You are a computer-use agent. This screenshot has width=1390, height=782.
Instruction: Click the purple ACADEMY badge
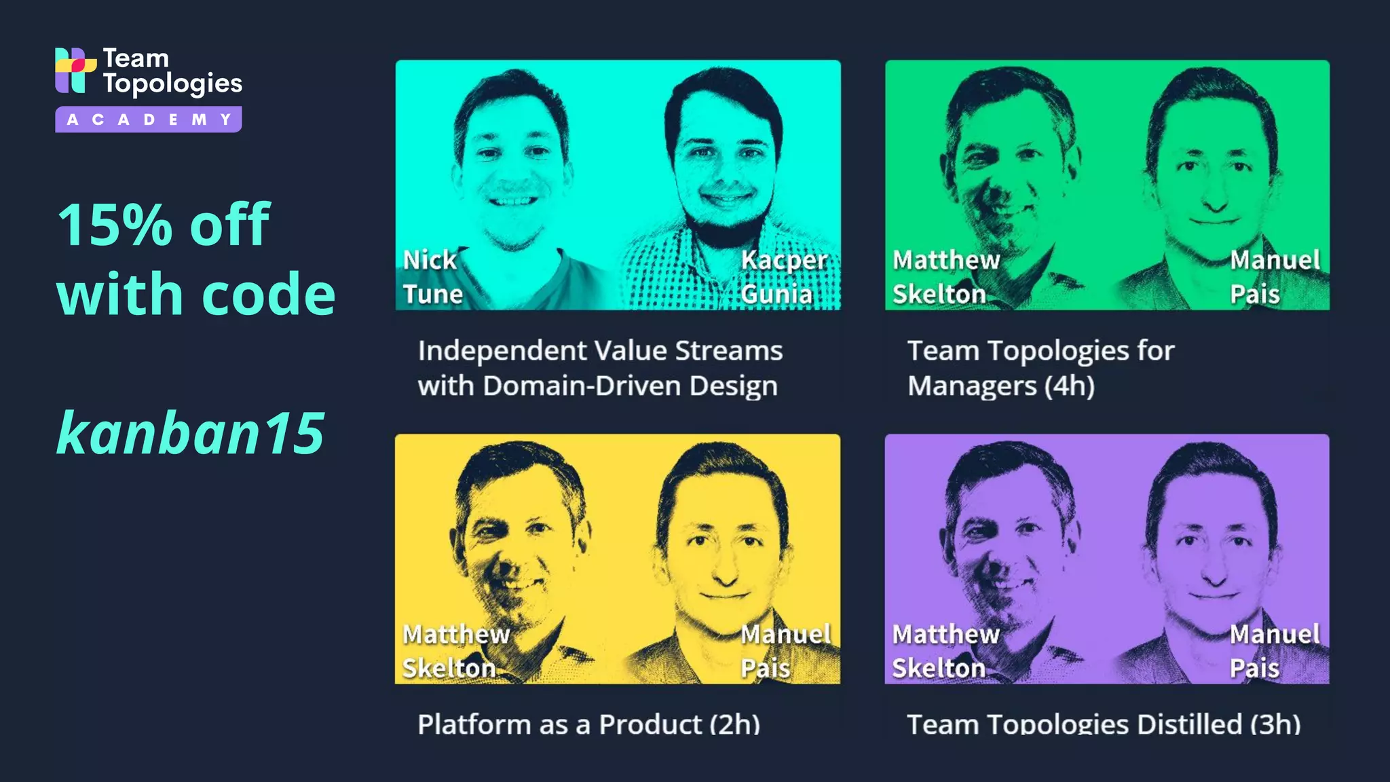(x=148, y=119)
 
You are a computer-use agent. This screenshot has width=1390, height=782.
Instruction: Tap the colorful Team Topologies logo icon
(x=75, y=69)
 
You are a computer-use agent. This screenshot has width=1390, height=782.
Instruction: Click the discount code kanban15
(x=191, y=433)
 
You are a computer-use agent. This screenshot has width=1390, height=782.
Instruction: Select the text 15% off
(x=164, y=224)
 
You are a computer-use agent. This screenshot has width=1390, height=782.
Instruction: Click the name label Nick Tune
(x=432, y=277)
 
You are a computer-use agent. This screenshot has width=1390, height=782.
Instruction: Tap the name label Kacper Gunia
(x=783, y=277)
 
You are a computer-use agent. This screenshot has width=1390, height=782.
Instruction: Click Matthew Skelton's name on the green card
(x=945, y=277)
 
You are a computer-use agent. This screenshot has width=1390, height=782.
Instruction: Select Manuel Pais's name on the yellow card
(x=785, y=650)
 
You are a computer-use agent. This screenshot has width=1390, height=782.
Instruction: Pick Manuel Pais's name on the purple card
(x=1274, y=650)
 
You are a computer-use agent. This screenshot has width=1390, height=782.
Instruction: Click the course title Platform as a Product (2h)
(x=588, y=724)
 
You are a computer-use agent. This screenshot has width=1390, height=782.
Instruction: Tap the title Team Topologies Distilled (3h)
(x=1104, y=724)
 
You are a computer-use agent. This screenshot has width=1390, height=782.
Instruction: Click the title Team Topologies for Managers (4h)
(x=1040, y=368)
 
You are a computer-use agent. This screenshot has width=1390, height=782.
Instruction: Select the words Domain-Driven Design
(x=630, y=386)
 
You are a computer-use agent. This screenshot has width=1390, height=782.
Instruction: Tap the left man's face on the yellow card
(x=519, y=543)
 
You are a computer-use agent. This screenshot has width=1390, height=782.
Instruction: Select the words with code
(x=195, y=295)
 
